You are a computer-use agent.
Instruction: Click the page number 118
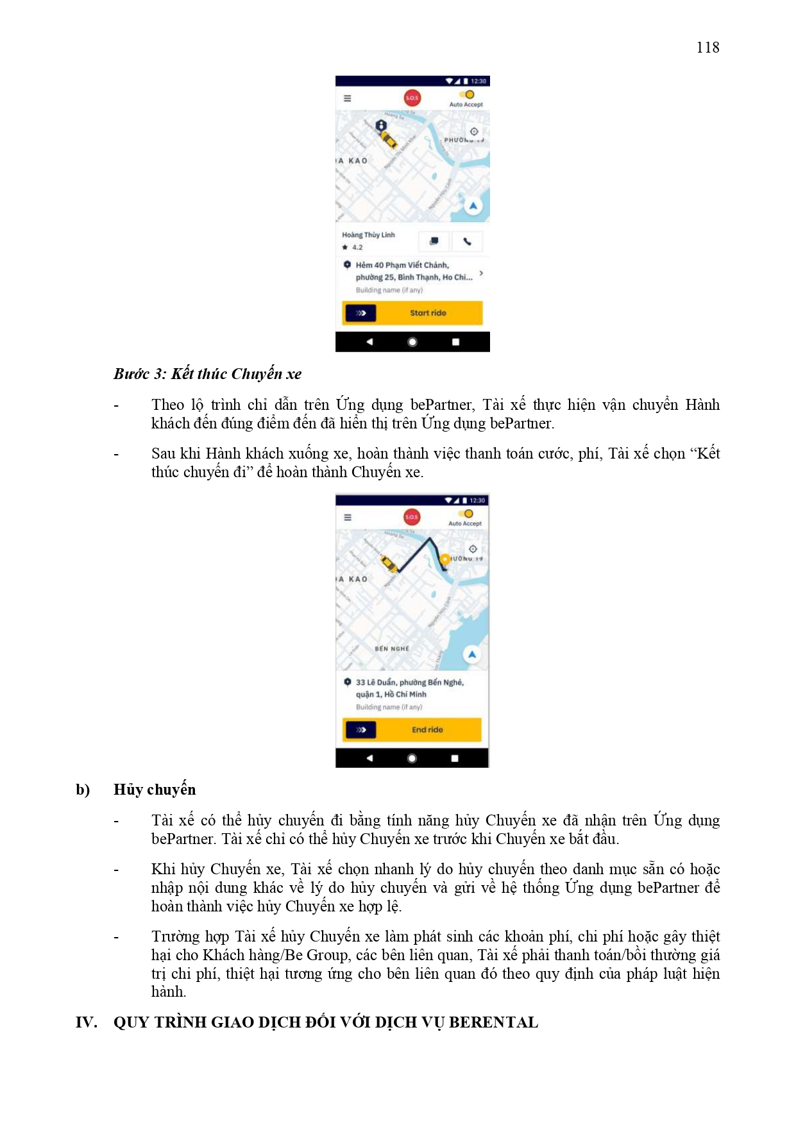[x=707, y=47]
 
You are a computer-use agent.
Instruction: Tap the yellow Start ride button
[x=428, y=313]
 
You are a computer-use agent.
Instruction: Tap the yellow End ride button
[x=427, y=730]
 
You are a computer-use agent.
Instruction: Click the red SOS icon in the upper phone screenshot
[x=412, y=97]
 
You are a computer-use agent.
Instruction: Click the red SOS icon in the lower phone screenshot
[x=412, y=516]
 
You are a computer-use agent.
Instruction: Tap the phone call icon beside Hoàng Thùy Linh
[x=467, y=241]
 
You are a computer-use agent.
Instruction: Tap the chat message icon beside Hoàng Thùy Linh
[x=434, y=241]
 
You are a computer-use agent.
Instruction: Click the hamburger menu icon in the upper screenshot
[x=348, y=98]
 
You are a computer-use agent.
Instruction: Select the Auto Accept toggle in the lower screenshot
[x=466, y=514]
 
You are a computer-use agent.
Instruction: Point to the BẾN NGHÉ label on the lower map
[x=392, y=648]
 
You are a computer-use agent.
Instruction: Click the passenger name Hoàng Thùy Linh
[x=368, y=235]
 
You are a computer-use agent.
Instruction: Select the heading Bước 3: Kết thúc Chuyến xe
[x=207, y=374]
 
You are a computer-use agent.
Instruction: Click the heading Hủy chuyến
[x=155, y=790]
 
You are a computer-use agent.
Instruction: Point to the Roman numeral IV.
[x=86, y=1022]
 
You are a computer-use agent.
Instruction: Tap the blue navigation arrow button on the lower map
[x=472, y=654]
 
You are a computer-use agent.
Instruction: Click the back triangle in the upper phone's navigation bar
[x=369, y=342]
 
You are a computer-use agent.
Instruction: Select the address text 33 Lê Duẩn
[x=375, y=682]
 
